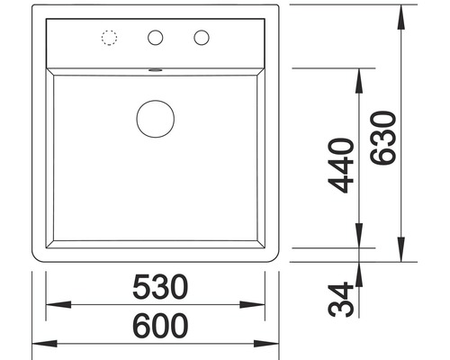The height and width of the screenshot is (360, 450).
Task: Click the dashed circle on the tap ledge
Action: pos(110,38)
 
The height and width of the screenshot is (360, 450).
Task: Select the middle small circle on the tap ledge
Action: pos(156,38)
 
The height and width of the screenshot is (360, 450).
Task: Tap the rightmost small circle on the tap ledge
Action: pos(200,38)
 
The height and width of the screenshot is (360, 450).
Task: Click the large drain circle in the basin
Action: pos(156,117)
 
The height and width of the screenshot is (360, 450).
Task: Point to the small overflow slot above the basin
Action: pos(156,68)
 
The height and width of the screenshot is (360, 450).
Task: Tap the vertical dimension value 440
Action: pos(339,166)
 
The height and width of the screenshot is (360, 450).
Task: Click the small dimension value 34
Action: pos(339,299)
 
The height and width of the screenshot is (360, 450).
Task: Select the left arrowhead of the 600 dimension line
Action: pos(39,344)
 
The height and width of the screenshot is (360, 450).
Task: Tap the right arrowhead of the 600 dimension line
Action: pos(274,344)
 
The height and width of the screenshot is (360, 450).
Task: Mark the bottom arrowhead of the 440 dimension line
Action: pos(359,239)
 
